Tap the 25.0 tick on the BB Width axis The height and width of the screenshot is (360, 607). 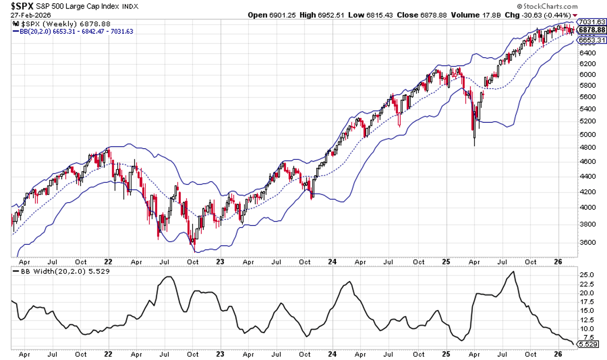[x=586, y=275]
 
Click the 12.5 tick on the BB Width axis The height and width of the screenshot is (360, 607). [x=586, y=320]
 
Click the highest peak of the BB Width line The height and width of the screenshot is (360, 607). [x=513, y=272]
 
